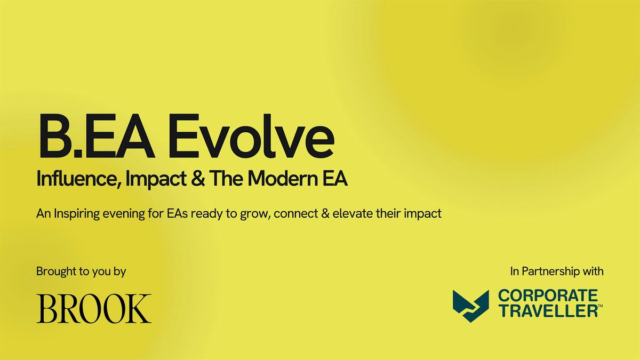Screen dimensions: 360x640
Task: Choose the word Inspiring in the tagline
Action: pos(74,214)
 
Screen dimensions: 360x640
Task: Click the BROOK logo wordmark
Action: pos(94,308)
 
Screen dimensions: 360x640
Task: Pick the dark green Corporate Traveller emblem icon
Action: pos(471,306)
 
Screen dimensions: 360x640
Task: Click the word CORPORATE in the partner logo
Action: pos(547,297)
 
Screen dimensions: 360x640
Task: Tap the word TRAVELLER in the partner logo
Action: pos(547,311)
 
